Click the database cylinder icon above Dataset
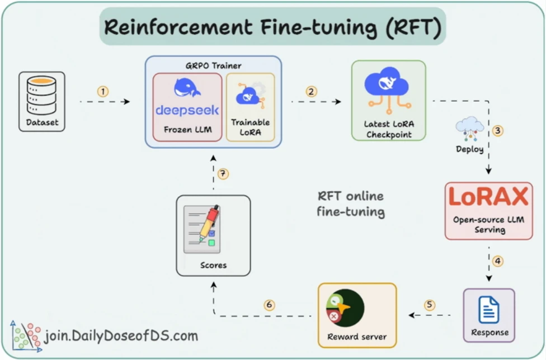[42, 96]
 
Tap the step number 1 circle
[103, 92]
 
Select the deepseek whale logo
[187, 87]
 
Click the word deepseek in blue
[187, 110]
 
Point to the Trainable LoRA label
[251, 127]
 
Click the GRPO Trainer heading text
[214, 66]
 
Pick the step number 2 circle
[311, 92]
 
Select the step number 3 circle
[497, 131]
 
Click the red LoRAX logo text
[488, 197]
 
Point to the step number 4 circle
[497, 261]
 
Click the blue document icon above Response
[489, 309]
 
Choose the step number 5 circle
[429, 305]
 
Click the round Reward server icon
[345, 308]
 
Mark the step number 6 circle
[269, 305]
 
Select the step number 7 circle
[223, 173]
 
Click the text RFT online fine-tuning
[351, 204]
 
